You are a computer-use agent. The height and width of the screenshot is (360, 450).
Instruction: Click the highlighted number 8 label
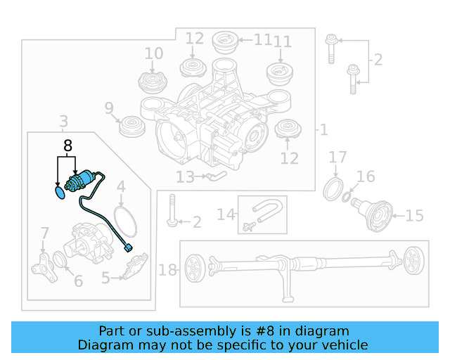(67, 146)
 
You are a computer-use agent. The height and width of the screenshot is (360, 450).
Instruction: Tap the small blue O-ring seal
(58, 191)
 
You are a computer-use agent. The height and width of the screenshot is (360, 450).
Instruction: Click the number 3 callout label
(63, 122)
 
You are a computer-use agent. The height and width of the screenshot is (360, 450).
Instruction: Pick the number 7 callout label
(44, 233)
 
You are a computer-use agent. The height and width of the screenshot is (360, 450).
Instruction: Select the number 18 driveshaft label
(167, 270)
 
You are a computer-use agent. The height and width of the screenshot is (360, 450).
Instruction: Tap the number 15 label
(415, 215)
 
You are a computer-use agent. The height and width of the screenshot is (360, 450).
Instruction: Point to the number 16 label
(366, 176)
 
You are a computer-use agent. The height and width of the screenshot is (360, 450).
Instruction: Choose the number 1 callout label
(323, 129)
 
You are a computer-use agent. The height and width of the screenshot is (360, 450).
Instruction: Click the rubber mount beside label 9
(129, 127)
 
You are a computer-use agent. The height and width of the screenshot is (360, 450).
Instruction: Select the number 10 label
(153, 53)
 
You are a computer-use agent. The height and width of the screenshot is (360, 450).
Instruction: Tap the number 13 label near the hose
(185, 177)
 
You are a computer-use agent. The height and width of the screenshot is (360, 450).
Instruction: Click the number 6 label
(77, 281)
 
